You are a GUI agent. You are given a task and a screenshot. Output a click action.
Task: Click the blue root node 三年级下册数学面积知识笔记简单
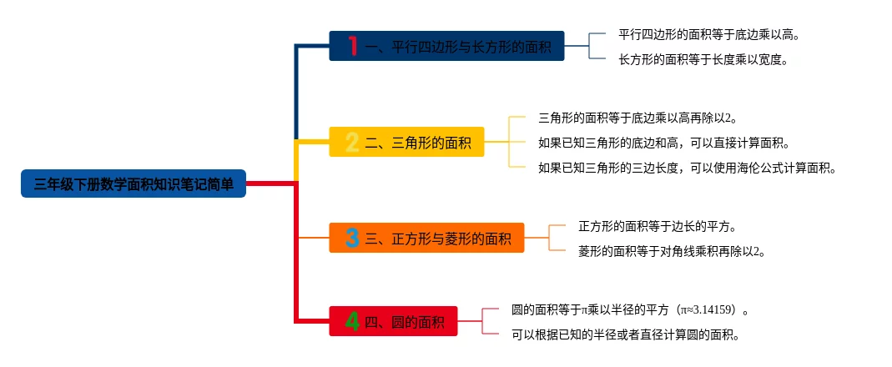[134, 183]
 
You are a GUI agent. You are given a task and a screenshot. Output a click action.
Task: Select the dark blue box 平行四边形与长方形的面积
[446, 46]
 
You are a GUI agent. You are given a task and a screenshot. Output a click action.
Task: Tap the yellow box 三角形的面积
[406, 142]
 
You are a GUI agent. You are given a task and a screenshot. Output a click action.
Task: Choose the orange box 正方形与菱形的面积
[426, 238]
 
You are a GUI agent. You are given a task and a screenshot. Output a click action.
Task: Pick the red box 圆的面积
[393, 321]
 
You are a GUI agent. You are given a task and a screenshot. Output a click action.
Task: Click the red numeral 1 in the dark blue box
[352, 46]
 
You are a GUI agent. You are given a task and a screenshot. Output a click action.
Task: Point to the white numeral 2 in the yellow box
[352, 143]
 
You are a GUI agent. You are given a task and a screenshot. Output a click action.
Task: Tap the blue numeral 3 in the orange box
[352, 238]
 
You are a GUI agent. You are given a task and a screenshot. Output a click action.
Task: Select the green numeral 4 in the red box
[352, 321]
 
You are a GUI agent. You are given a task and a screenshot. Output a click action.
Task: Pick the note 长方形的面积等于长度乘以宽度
[703, 59]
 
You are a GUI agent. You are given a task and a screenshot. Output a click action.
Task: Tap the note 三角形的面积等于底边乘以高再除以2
[638, 118]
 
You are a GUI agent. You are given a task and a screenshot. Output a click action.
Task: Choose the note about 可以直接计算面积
[663, 143]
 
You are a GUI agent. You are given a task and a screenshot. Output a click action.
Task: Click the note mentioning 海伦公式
[687, 168]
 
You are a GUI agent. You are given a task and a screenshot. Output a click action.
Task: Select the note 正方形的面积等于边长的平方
[657, 226]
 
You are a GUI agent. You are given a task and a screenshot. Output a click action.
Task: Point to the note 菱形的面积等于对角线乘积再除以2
[672, 250]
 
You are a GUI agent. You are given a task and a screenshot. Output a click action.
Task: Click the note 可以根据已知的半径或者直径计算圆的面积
[626, 335]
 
